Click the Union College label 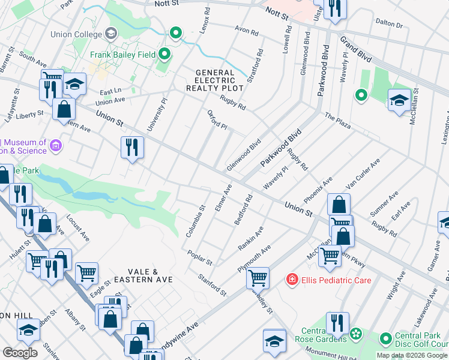76,34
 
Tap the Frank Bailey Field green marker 165,55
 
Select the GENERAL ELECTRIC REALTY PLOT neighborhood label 220,80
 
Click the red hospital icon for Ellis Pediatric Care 292,280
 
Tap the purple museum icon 56,145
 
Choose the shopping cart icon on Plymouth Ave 258,278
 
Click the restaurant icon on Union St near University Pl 132,147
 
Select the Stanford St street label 213,285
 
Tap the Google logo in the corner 19,352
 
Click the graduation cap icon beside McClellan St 399,100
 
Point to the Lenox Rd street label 207,20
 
